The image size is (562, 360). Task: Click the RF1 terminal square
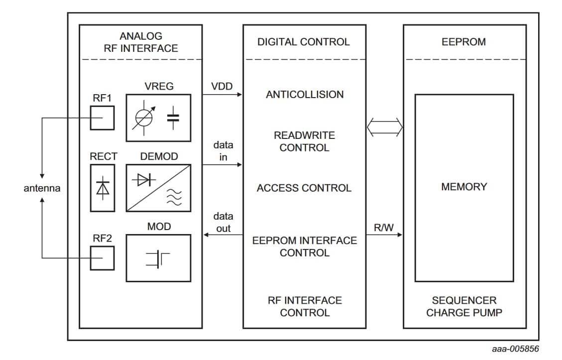[x=102, y=118]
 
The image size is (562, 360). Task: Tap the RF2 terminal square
[x=102, y=258]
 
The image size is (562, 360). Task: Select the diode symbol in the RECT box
[x=103, y=188]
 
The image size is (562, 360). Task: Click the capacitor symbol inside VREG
[x=173, y=118]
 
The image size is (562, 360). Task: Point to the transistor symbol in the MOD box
[x=158, y=258]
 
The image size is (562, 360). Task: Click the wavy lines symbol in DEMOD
[x=174, y=198]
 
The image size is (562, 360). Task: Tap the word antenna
[x=42, y=189]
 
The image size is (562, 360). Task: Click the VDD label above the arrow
[x=222, y=86]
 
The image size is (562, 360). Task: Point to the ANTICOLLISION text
[x=305, y=95]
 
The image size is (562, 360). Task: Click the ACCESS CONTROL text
[x=304, y=188]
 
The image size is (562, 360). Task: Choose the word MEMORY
[x=464, y=187]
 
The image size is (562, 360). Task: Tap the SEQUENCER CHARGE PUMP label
[x=464, y=307]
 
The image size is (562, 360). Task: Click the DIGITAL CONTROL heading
[x=304, y=42]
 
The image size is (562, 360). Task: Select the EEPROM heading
[x=463, y=42]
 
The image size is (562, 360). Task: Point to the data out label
[x=222, y=223]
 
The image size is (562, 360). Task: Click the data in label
[x=223, y=151]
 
